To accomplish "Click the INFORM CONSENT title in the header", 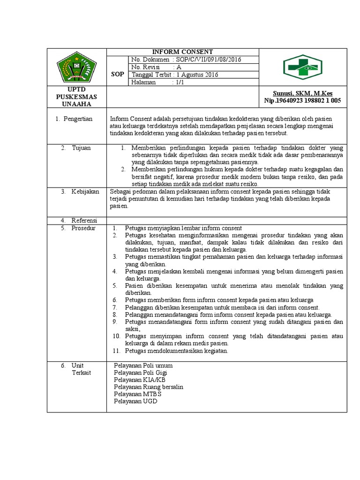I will point(182,52).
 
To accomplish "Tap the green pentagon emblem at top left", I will point(76,67).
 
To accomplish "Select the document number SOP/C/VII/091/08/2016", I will point(207,60).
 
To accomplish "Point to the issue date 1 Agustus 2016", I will point(195,75).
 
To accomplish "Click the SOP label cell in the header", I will point(118,75).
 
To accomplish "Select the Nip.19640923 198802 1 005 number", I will point(302,100).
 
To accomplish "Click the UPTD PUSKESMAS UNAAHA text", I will point(76,97).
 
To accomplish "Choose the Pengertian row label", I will point(77,119).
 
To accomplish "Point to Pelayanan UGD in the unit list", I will point(136,402).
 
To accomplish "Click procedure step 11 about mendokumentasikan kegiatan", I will point(176,351).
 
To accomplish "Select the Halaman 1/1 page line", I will point(158,82).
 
